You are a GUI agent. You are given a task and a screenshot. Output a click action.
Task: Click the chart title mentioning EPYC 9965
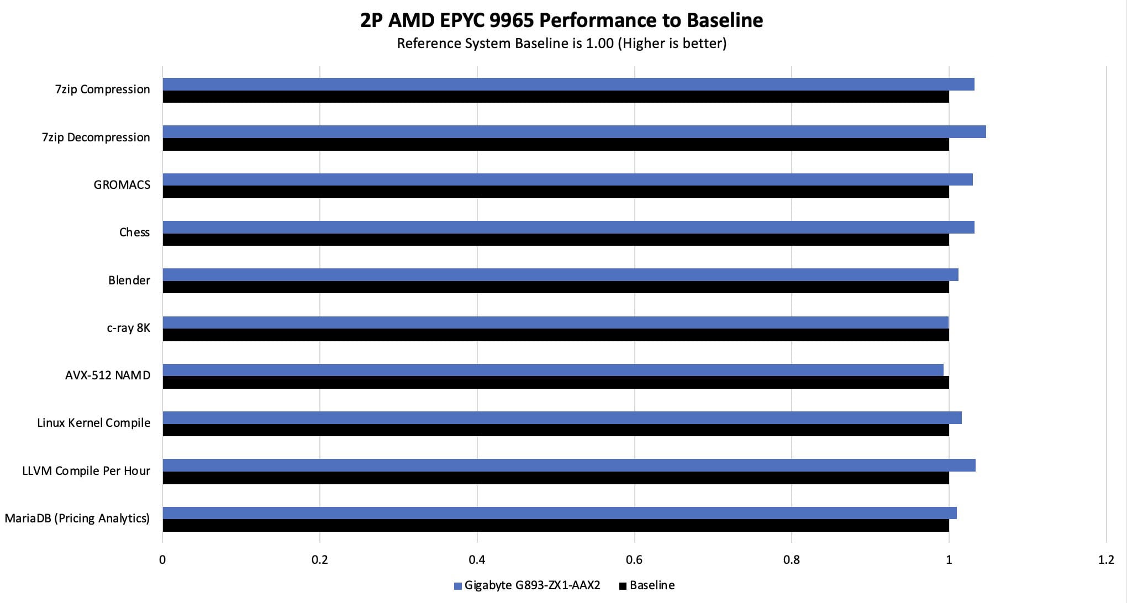point(561,20)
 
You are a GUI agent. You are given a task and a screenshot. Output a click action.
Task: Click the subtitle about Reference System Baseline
point(561,44)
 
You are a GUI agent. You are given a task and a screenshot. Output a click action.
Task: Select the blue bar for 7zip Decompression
point(574,132)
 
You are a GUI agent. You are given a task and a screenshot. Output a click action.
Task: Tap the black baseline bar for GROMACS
point(555,192)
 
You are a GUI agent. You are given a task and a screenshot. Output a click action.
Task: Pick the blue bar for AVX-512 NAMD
point(552,370)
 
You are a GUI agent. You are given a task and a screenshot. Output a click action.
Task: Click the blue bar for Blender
point(560,274)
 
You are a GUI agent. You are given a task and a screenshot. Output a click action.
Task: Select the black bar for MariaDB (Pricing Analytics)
point(555,526)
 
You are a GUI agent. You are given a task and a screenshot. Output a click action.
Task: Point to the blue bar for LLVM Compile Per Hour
point(568,466)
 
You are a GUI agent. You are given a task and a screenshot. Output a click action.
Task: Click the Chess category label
point(134,232)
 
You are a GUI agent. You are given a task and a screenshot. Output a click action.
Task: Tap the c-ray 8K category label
point(128,328)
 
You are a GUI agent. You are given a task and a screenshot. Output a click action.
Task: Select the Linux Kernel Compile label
point(93,423)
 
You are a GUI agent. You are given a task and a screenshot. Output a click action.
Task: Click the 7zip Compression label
point(102,89)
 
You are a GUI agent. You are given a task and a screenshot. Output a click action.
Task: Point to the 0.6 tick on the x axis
point(634,560)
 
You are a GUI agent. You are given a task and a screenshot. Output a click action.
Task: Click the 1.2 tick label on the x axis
point(1106,560)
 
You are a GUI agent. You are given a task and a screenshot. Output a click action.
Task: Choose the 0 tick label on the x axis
point(162,560)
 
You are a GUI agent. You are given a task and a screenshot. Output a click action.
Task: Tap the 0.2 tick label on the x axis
point(319,560)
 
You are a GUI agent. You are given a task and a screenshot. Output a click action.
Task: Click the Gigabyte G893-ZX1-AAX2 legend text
point(532,585)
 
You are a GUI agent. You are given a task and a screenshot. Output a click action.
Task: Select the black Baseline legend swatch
point(623,586)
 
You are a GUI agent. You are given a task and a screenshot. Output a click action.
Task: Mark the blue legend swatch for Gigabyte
point(457,586)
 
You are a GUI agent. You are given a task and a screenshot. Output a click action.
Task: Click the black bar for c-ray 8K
point(555,335)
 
